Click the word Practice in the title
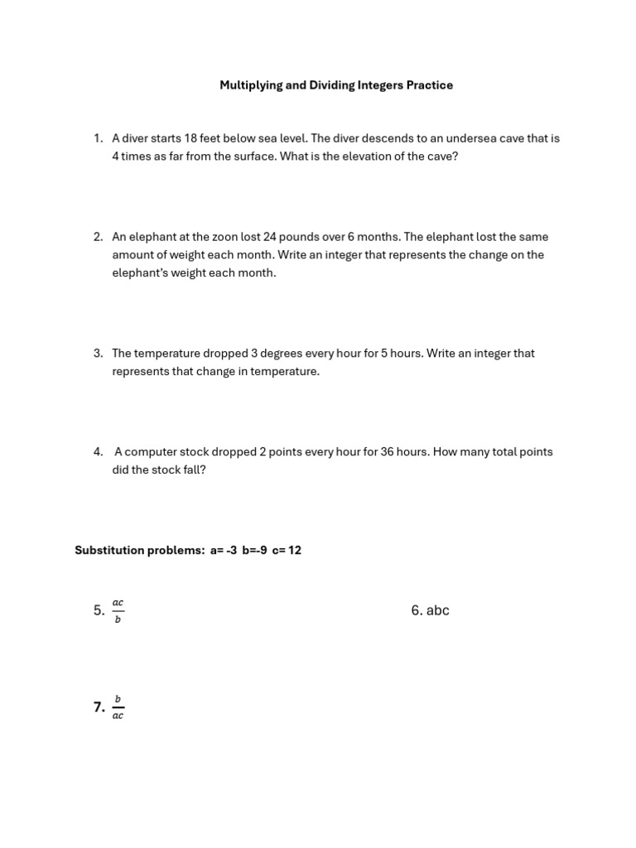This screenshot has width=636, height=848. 429,85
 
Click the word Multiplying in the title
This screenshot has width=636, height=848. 250,85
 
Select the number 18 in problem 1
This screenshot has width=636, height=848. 191,138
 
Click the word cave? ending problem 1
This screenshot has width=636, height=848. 441,157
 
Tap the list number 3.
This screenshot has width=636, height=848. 98,354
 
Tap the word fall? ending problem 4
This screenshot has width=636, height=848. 191,470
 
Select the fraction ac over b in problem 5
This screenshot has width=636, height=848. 118,611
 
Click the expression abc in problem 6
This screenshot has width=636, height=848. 437,611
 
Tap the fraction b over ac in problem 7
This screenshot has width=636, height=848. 118,707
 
